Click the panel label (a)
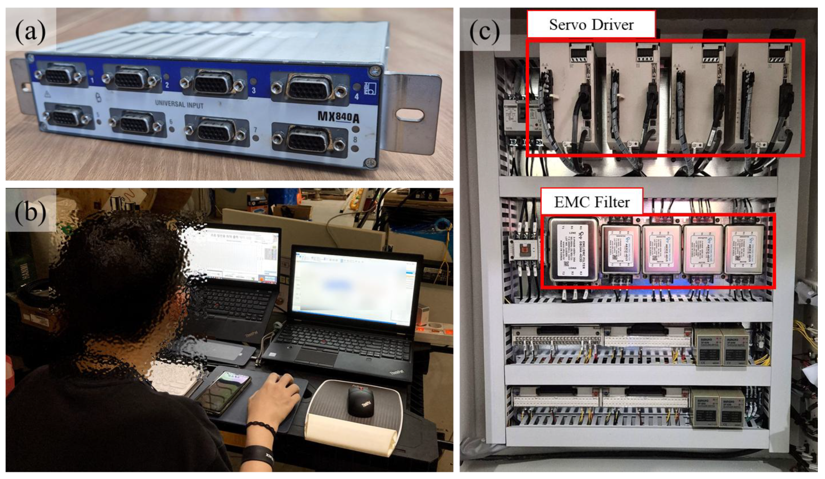30,32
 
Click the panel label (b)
30,211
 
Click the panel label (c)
484,32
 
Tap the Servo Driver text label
591,25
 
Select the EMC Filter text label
592,202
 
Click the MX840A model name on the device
338,116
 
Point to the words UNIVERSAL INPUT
179,104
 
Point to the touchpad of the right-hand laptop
316,357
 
